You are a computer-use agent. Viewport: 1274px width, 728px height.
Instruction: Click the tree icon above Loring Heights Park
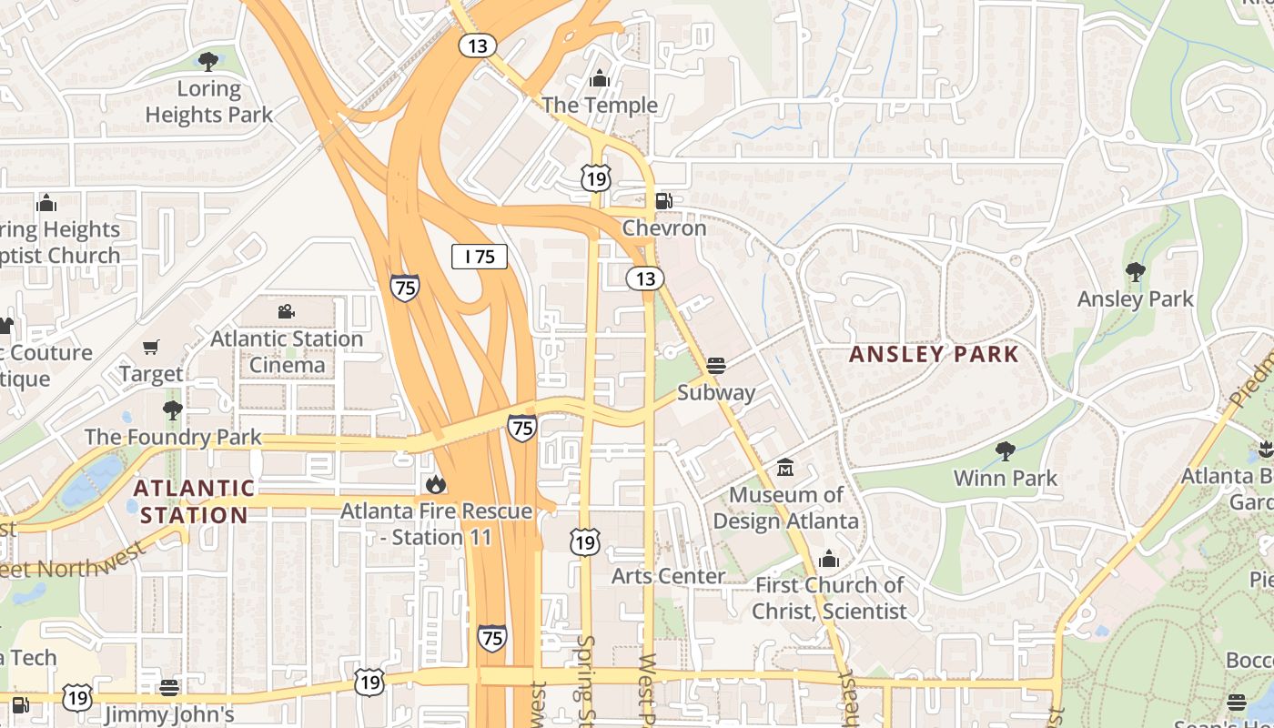click(x=208, y=62)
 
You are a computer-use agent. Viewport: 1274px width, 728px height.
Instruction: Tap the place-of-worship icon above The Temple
click(x=599, y=79)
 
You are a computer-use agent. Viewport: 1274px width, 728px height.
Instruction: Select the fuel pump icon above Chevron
click(x=664, y=201)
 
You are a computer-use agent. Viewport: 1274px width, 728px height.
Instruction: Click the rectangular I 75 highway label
click(x=480, y=257)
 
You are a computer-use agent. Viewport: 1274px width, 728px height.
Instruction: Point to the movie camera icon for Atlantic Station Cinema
click(x=287, y=312)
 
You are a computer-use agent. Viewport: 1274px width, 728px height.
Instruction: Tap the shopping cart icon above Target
click(x=151, y=348)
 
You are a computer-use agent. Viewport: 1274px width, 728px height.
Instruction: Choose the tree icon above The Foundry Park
click(x=172, y=410)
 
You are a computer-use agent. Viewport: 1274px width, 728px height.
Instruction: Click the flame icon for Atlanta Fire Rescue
click(x=436, y=484)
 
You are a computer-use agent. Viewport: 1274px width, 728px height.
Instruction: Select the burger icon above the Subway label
click(x=716, y=366)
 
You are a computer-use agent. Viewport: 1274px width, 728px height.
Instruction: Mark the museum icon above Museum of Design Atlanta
click(x=785, y=469)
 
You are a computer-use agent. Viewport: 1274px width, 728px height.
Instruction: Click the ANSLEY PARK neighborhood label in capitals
click(x=934, y=355)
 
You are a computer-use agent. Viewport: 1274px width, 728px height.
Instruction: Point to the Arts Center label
click(x=668, y=576)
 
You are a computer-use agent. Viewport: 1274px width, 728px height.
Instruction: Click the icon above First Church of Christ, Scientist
click(x=829, y=559)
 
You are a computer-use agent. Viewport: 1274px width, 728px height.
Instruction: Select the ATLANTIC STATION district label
click(x=194, y=501)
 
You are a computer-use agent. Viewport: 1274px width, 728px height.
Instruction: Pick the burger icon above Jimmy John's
click(x=169, y=687)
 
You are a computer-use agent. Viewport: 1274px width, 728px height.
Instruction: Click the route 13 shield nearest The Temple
click(x=477, y=45)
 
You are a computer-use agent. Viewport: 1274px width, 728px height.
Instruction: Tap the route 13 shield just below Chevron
click(x=645, y=278)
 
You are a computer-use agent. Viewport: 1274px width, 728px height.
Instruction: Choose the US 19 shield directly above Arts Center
click(x=585, y=543)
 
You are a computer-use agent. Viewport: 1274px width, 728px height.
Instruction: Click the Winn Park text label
click(x=1005, y=479)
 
